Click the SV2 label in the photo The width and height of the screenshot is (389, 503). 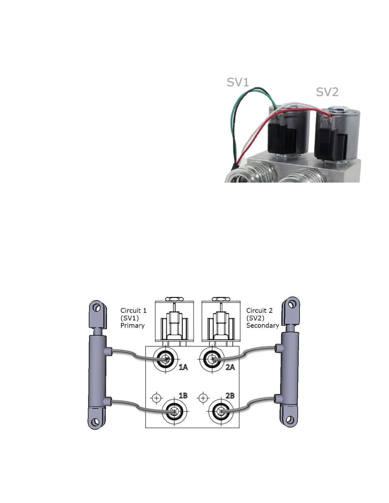(327, 92)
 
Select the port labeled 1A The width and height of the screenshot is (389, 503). (165, 359)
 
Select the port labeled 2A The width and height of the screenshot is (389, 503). (212, 359)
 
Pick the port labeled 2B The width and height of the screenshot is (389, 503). (220, 412)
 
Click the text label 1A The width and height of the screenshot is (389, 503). (183, 367)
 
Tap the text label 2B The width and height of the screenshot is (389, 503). (230, 396)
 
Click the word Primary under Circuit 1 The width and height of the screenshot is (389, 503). (133, 325)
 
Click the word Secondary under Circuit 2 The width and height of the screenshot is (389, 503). (263, 325)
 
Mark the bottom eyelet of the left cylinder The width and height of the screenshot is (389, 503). (94, 422)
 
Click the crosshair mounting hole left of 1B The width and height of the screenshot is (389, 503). (156, 398)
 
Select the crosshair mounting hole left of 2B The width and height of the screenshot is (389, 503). (203, 398)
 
